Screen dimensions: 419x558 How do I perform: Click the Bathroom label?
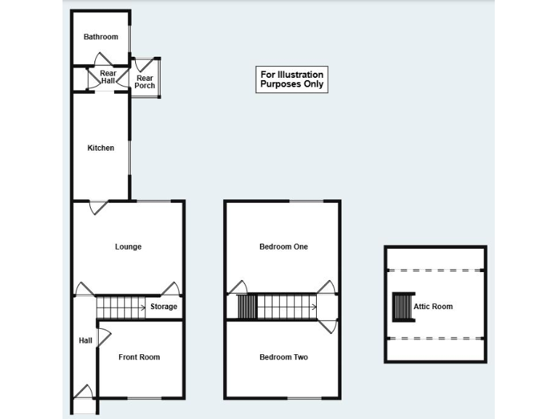pos(100,37)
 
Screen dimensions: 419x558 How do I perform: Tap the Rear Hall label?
pos(108,77)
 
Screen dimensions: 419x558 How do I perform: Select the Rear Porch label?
pos(145,82)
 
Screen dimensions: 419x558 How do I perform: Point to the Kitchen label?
pos(101,148)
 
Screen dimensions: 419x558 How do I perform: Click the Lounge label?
pos(128,247)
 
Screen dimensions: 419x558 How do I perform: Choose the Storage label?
pos(163,307)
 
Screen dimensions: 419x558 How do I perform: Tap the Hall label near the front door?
pos(85,340)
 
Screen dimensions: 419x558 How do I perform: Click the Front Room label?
pos(139,357)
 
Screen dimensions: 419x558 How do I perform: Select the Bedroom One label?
pos(283,247)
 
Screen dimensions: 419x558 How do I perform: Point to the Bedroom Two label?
pos(283,357)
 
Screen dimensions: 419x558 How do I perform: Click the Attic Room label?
pos(433,306)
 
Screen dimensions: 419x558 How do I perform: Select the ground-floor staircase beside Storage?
pos(121,307)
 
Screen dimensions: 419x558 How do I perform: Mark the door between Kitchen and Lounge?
pos(97,207)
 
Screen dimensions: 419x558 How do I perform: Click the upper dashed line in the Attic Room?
pos(435,270)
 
